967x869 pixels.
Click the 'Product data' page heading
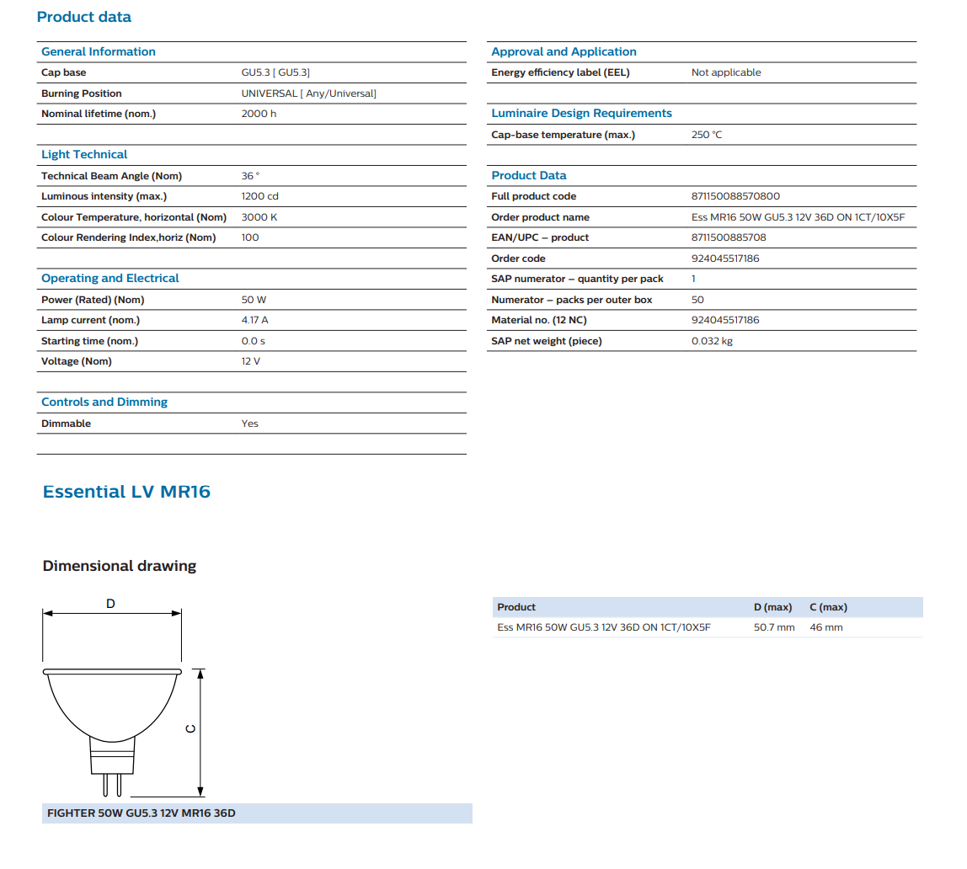tap(84, 17)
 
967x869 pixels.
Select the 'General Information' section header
tap(99, 52)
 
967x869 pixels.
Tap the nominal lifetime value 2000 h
tap(259, 114)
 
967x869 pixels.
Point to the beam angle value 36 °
tap(251, 176)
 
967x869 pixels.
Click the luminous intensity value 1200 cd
tap(259, 196)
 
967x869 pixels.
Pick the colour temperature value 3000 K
tap(259, 217)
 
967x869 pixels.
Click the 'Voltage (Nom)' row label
tap(77, 361)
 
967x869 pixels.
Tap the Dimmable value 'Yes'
tap(250, 424)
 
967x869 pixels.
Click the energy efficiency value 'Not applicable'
tap(726, 72)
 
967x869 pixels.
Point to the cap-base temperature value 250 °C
tap(707, 135)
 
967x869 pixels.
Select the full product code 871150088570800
tap(735, 196)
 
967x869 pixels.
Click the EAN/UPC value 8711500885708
tap(729, 237)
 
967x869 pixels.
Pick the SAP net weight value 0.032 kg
tap(713, 341)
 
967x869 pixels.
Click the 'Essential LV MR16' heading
tap(126, 492)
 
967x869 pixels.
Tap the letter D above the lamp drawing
tap(110, 604)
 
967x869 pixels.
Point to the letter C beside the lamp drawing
tap(190, 728)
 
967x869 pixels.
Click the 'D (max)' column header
tap(772, 607)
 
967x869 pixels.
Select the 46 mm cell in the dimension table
tap(825, 627)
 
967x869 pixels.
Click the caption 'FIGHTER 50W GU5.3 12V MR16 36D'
tap(142, 813)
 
